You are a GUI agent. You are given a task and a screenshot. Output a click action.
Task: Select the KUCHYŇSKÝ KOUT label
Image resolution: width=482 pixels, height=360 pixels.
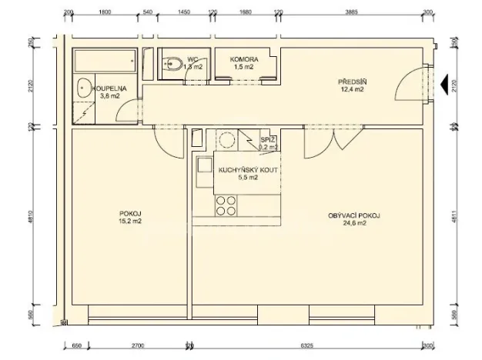[x=237, y=170]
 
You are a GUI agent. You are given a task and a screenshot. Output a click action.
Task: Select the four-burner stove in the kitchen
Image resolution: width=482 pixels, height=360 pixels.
[x=226, y=205]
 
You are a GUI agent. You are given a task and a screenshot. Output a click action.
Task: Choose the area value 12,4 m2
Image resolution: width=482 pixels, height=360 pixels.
[x=352, y=89]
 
